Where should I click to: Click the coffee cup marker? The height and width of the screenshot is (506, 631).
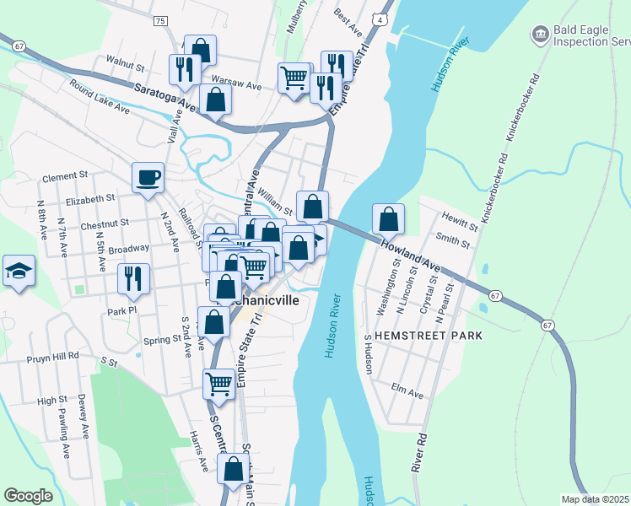coord(148,177)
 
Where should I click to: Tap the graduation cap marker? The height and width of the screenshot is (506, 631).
coord(19,271)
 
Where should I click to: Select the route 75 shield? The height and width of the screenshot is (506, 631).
coord(161,19)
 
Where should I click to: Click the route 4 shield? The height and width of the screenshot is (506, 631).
coord(382,19)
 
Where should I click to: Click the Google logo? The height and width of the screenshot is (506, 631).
coord(28,495)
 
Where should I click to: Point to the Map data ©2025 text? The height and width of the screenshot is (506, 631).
coord(595,499)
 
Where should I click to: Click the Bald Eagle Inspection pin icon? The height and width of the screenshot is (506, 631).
coord(539,34)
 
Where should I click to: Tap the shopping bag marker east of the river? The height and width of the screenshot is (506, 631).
coord(388,219)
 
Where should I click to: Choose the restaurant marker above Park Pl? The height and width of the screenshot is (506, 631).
coord(133,278)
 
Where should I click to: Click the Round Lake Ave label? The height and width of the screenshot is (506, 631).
coord(100,97)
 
